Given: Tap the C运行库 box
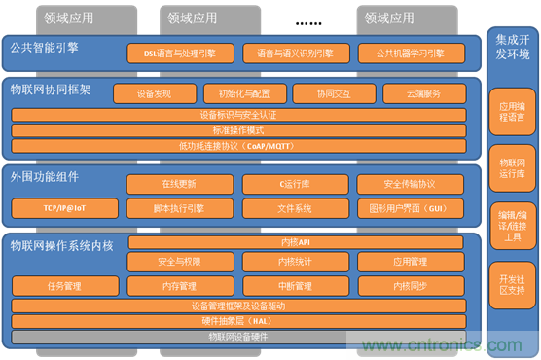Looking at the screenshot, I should (x=287, y=185).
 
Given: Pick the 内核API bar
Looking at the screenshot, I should (x=294, y=241).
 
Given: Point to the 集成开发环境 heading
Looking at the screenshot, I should (x=512, y=47).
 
